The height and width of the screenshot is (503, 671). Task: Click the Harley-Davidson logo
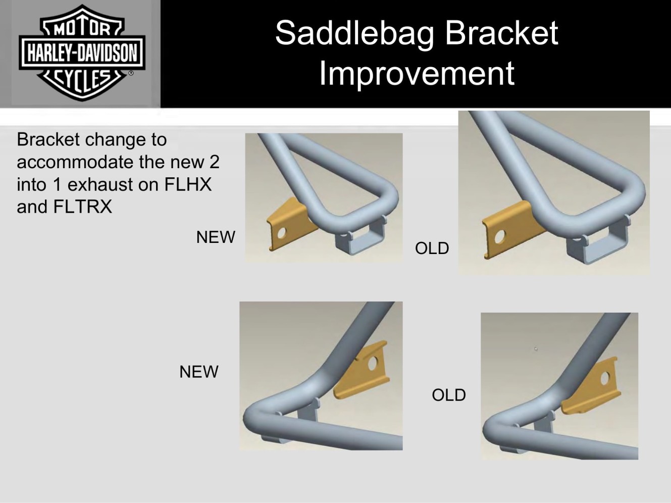click(x=82, y=53)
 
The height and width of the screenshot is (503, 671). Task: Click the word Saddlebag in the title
click(x=355, y=34)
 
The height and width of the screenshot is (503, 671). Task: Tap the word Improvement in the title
click(x=417, y=74)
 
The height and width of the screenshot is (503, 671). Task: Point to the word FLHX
click(x=188, y=184)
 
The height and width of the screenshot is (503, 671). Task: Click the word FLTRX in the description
click(x=82, y=207)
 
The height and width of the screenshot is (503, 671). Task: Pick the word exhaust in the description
click(x=103, y=185)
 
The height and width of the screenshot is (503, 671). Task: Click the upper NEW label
click(x=216, y=237)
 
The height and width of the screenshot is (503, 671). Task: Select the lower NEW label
click(x=199, y=372)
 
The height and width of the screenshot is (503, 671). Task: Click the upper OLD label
click(x=432, y=248)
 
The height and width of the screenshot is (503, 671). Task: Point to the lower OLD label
click(x=449, y=395)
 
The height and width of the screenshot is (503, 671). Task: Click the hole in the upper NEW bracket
click(x=282, y=233)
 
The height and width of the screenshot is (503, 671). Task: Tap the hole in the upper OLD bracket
click(x=499, y=237)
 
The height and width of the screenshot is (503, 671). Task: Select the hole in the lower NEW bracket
click(x=373, y=363)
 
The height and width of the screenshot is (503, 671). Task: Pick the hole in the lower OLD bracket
click(x=605, y=379)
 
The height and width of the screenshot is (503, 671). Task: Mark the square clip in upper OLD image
click(x=597, y=241)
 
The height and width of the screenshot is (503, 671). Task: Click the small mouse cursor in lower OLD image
click(x=536, y=348)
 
